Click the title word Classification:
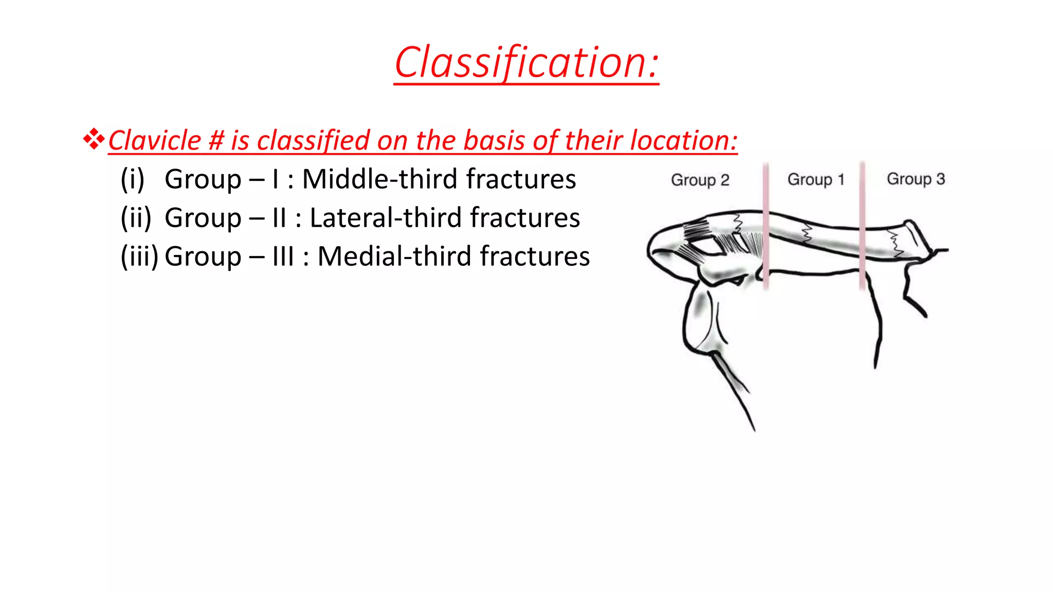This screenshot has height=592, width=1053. [526, 63]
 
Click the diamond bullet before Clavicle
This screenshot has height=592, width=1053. [94, 139]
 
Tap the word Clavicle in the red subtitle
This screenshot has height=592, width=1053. [154, 140]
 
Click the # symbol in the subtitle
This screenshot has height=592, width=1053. [216, 140]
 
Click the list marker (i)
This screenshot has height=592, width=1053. [133, 179]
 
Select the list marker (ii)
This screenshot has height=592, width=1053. [136, 218]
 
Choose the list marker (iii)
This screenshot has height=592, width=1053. [139, 256]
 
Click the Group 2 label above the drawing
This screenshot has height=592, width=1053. [700, 180]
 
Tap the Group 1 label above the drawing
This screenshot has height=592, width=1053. [816, 180]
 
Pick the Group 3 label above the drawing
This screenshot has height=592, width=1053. [916, 179]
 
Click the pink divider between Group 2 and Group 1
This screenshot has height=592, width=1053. [766, 226]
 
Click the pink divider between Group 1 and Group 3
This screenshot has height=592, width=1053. [862, 226]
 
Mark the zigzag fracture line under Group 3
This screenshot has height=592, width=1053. [895, 244]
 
